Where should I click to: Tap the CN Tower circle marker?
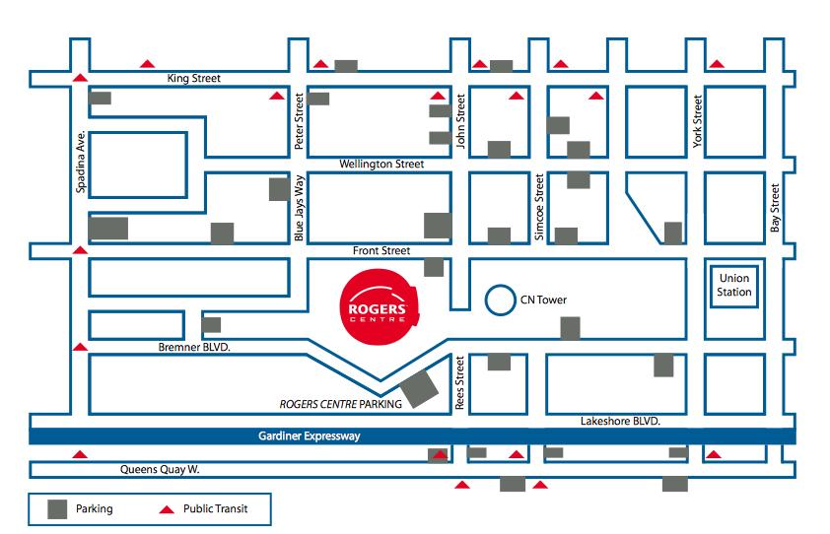tap(502, 300)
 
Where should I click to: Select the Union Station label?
tap(735, 286)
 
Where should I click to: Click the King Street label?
tap(194, 78)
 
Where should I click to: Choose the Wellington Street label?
tap(381, 165)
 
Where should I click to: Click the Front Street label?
tap(381, 251)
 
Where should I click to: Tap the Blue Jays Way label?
tap(301, 208)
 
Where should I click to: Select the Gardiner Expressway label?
tap(305, 436)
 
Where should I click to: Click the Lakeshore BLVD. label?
tap(620, 421)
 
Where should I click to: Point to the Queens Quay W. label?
tap(158, 470)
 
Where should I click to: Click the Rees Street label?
tap(458, 383)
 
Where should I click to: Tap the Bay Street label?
tap(775, 208)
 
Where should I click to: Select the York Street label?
tap(698, 121)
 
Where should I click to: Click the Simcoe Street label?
tap(538, 207)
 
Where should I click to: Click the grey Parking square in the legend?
tap(59, 508)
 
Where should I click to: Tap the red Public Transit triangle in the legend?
tap(167, 509)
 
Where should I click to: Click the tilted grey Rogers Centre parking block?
tap(418, 386)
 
